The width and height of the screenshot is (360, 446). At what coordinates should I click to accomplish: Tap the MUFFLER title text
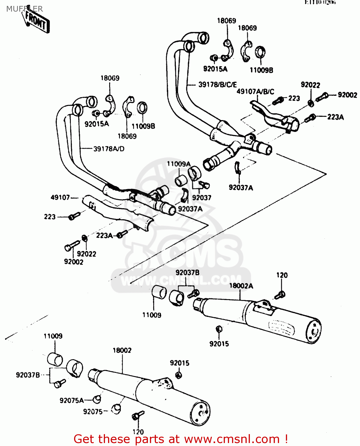click(24, 9)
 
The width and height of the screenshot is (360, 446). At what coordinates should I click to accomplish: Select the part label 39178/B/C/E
click(217, 85)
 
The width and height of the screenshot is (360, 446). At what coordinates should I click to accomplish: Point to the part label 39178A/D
click(109, 149)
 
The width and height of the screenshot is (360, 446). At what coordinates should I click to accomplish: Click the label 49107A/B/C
click(255, 92)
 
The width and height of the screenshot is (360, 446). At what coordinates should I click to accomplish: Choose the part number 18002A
click(241, 286)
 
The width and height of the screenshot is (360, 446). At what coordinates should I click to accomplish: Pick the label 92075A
click(71, 401)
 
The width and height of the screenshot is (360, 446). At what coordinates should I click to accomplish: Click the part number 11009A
click(179, 164)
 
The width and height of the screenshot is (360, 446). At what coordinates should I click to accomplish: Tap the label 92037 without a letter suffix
click(201, 198)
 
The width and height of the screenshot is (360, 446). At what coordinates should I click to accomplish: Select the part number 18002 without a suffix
click(122, 350)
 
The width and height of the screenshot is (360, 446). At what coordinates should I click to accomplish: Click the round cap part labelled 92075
click(116, 409)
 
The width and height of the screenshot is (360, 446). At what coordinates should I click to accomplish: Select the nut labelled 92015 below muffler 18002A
click(219, 329)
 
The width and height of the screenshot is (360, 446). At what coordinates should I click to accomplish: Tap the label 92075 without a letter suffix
click(93, 412)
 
